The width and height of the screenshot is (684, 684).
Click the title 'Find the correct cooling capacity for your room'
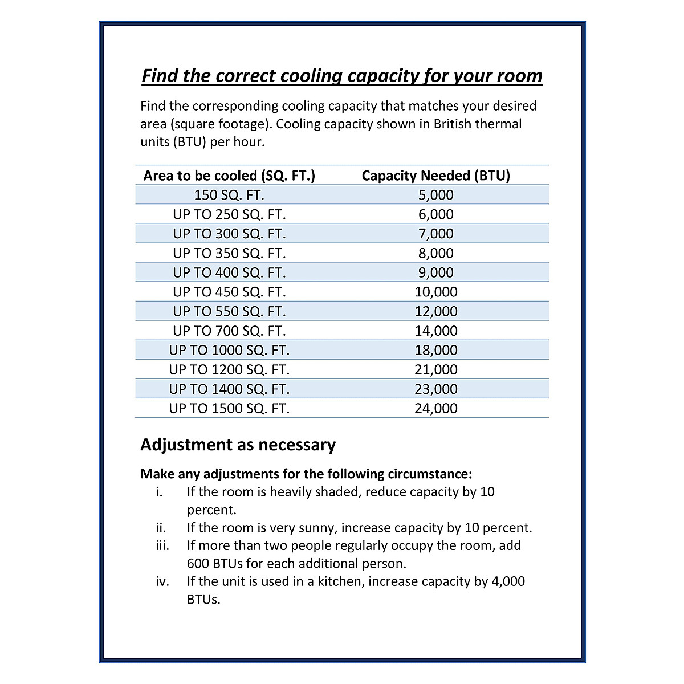click(342, 76)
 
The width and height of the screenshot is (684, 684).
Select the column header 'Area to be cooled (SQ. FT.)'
click(229, 176)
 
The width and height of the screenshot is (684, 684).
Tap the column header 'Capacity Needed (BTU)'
click(435, 176)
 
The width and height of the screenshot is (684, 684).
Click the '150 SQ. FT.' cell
click(229, 195)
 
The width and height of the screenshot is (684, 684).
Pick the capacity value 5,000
click(435, 195)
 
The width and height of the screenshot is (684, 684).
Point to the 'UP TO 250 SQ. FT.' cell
click(229, 214)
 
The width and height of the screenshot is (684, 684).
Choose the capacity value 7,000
click(435, 234)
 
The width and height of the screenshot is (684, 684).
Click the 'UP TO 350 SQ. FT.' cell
click(229, 253)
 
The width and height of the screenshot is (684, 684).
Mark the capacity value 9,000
click(435, 272)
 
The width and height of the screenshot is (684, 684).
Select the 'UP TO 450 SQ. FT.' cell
click(229, 292)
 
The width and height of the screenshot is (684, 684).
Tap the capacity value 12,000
click(435, 311)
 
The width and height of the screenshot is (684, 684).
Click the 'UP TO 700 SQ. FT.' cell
click(229, 331)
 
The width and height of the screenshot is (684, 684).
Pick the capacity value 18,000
click(435, 350)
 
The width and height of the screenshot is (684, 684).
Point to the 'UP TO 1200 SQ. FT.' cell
click(229, 369)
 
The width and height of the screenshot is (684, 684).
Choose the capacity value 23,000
click(435, 389)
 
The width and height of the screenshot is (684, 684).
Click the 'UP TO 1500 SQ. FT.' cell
click(229, 408)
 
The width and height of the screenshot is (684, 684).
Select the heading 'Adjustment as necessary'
click(238, 445)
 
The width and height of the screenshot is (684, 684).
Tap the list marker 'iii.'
click(162, 545)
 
